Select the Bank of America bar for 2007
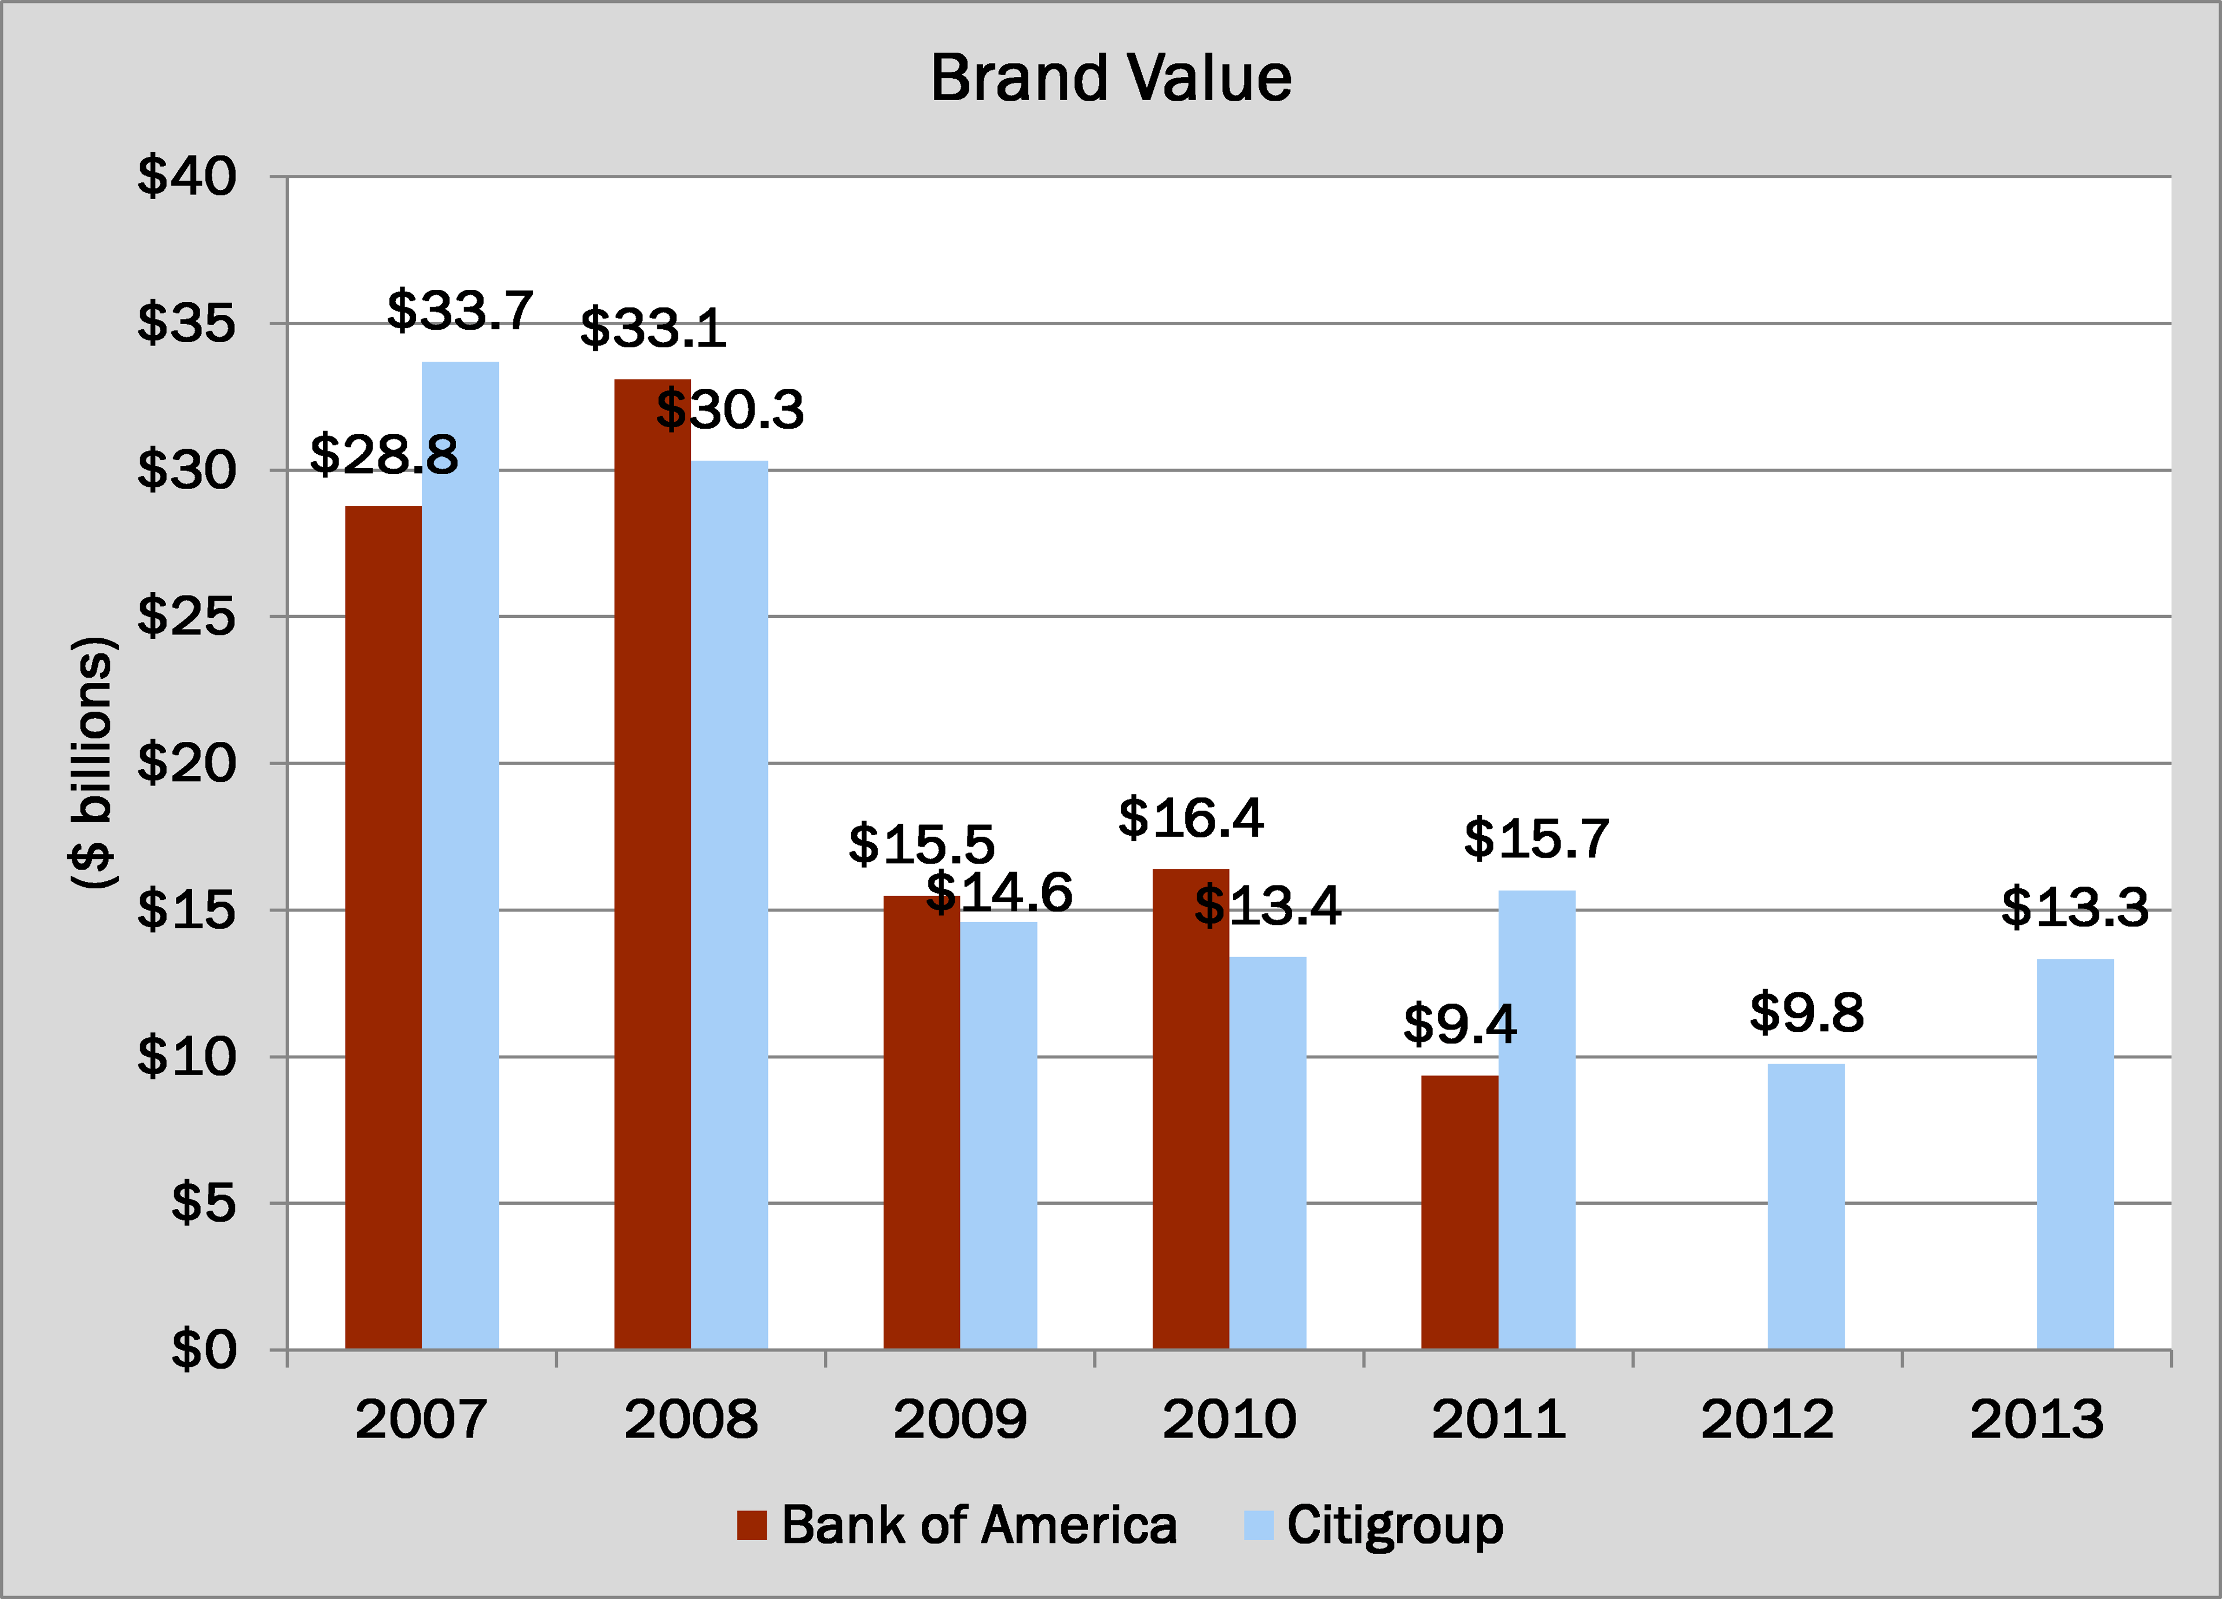coord(383,927)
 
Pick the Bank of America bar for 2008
coord(653,863)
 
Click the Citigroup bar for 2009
coord(998,1135)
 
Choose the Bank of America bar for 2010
coord(1190,1108)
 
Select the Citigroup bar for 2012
coord(1805,1206)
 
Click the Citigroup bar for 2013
coord(2075,1153)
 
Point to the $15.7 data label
coord(1536,839)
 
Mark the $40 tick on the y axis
coord(186,177)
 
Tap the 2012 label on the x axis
coord(1767,1418)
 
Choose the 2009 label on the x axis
coord(959,1418)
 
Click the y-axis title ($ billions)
coord(93,762)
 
